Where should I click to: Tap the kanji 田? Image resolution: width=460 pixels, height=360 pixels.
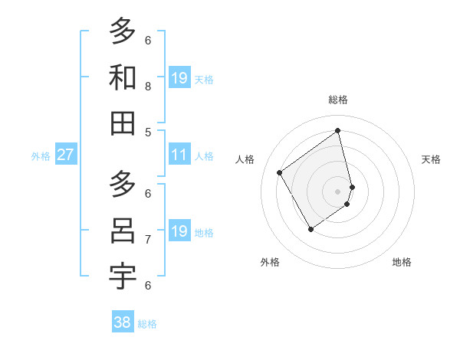point(123,123)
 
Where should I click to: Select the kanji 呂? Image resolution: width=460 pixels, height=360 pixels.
point(123,231)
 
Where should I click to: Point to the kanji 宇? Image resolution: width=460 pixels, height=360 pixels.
point(123,277)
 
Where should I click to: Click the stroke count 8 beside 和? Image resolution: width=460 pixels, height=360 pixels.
point(148,87)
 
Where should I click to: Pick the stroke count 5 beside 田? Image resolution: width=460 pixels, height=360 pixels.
point(148,132)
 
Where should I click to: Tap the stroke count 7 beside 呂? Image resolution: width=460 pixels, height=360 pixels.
point(148,240)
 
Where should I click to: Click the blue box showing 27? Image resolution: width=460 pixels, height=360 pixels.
point(65,155)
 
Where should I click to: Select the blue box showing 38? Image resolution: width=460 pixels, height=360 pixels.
point(122,322)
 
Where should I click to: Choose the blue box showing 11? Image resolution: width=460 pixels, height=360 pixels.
point(179,155)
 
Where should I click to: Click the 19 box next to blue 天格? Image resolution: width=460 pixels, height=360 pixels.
point(179,78)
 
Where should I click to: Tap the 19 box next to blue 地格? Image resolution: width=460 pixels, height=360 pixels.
point(179,231)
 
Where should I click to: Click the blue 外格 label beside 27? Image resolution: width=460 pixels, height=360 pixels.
point(41,156)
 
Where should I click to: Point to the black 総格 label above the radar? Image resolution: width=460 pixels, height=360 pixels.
point(338,100)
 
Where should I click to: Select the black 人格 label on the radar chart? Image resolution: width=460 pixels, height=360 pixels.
point(245,159)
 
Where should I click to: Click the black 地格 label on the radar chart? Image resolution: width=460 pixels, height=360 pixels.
point(402,262)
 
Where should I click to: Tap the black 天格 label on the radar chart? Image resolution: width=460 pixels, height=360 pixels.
point(431,159)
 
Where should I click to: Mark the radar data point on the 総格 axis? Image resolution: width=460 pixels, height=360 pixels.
point(338,131)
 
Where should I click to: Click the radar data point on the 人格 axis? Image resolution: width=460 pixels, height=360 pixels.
point(280,172)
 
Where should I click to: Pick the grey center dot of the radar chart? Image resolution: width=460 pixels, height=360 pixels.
point(338,191)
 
